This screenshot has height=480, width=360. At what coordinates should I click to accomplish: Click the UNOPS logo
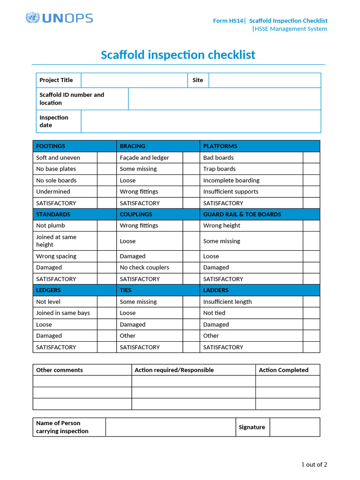59,18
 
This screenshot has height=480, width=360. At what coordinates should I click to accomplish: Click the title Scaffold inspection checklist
178,55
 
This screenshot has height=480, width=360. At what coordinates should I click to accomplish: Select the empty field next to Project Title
134,80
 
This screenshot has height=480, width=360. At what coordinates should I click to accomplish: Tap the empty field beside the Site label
264,80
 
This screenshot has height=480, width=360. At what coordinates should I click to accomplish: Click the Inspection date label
54,121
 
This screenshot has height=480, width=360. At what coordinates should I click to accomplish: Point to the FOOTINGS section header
51,146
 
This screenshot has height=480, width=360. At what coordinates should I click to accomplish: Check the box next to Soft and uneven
106,157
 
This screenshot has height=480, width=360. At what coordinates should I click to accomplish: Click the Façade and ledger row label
144,157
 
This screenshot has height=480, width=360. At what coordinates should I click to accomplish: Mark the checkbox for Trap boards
311,169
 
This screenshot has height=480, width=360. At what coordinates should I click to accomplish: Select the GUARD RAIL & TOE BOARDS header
242,214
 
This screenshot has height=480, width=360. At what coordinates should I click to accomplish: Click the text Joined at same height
56,241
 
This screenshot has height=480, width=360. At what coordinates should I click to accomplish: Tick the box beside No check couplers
191,268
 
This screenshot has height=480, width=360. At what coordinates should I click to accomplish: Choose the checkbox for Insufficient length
311,301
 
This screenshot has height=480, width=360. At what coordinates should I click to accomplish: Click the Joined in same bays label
63,313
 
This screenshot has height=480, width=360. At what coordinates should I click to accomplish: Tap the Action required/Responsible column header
174,370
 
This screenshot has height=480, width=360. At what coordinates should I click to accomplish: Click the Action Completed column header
284,370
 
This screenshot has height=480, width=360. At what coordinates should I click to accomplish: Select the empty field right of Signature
295,427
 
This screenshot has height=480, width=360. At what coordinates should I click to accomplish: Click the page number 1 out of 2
314,465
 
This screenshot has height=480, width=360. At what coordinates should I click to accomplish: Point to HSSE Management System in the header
291,29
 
